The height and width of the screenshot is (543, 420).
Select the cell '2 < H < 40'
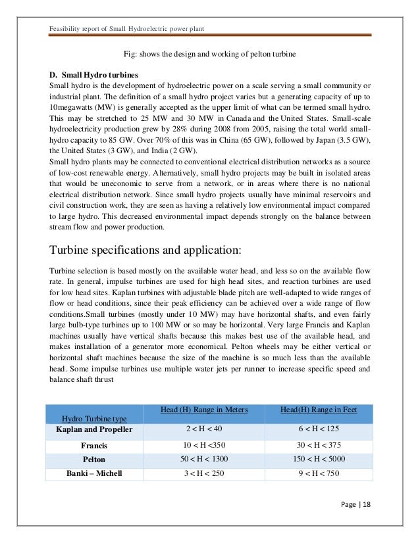[203, 429]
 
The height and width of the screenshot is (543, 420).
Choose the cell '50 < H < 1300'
[203, 459]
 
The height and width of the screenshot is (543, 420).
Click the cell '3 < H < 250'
[203, 474]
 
